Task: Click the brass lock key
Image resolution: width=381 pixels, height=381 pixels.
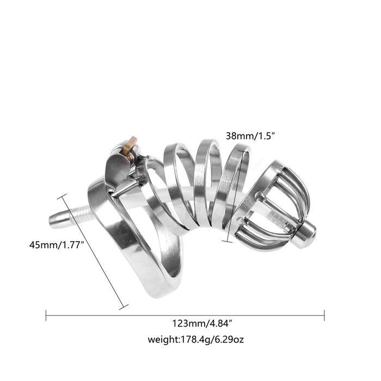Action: [130, 148]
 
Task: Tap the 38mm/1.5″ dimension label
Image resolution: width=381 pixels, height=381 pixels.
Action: [250, 136]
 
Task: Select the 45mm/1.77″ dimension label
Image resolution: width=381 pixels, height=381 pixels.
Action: [57, 245]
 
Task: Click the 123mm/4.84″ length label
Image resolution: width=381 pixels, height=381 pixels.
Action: [202, 324]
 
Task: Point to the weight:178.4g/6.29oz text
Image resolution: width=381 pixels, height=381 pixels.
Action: [195, 339]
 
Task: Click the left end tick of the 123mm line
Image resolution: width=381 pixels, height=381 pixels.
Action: [46, 315]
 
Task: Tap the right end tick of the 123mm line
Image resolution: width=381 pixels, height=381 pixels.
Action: [324, 315]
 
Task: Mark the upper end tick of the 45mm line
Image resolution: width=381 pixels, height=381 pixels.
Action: [62, 196]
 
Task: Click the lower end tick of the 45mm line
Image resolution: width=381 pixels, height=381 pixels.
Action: [124, 307]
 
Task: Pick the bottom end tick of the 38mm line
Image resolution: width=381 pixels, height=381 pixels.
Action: [227, 241]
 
